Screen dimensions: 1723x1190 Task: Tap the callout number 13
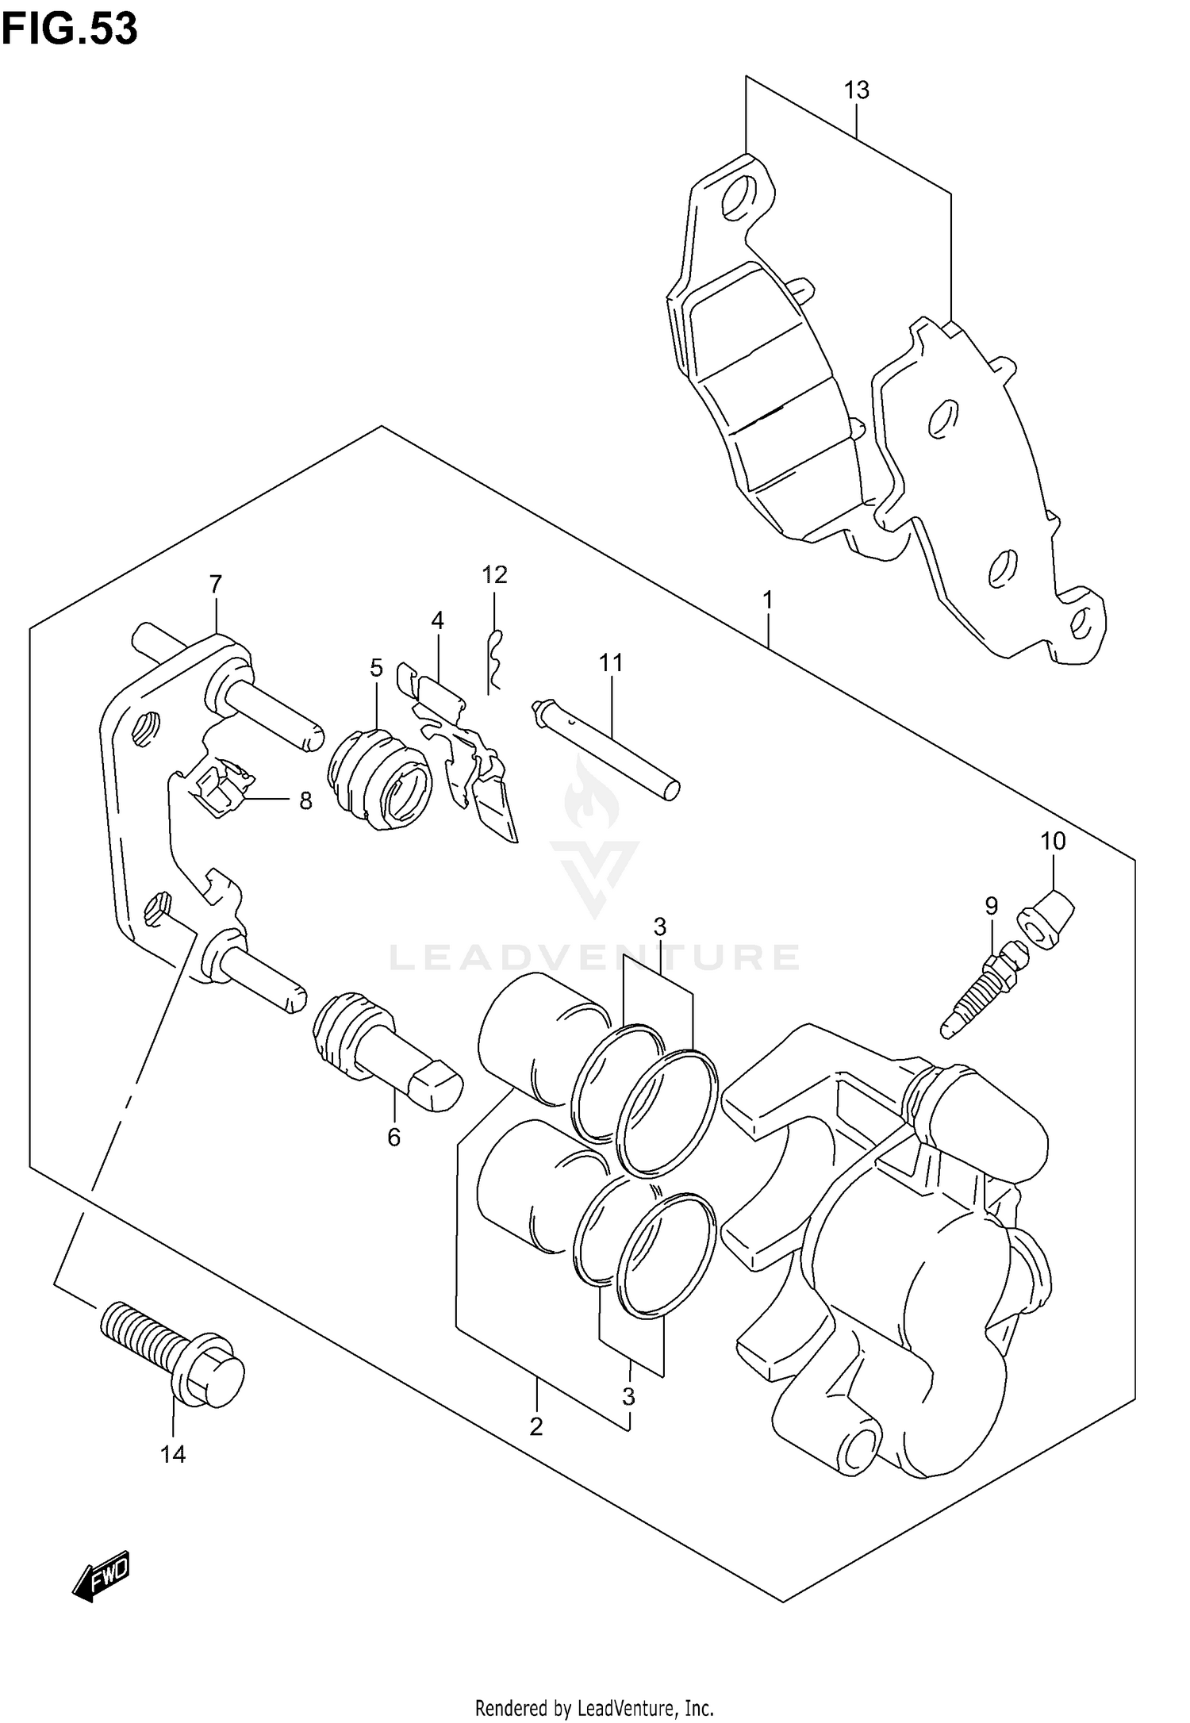[x=856, y=90]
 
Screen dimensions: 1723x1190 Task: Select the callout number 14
[x=172, y=1454]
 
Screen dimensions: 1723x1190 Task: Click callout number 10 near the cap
[x=1053, y=841]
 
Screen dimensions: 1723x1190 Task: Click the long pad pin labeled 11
[x=608, y=746]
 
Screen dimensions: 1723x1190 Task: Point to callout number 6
[x=393, y=1138]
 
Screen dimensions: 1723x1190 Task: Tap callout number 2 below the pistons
[x=536, y=1426]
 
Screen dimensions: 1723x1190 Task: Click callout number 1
[x=767, y=600]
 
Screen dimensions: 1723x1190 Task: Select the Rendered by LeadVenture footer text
[x=594, y=1702]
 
